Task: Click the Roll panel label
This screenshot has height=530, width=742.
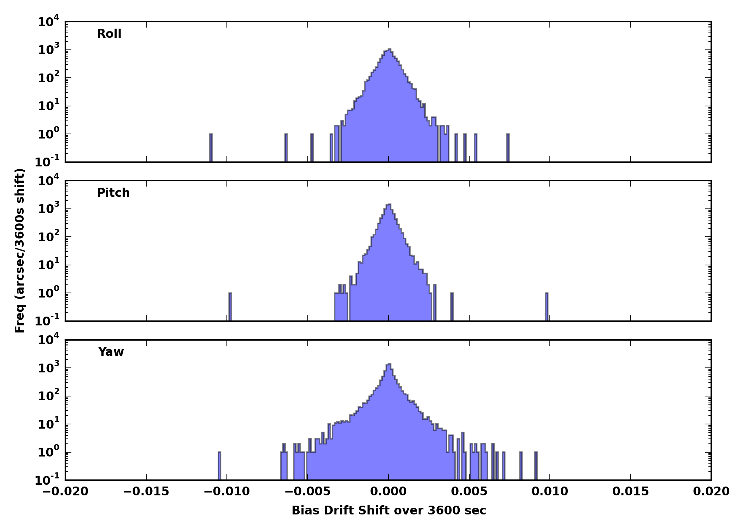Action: point(109,34)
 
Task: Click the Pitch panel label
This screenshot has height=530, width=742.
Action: point(113,193)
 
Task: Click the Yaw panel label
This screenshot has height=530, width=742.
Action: point(111,352)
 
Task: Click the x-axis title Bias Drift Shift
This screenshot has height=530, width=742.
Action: point(389,511)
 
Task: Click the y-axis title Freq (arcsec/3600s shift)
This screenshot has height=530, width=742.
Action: point(20,251)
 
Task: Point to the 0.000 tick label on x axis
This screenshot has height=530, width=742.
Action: point(388,491)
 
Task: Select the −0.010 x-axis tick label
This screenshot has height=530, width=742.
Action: point(226,491)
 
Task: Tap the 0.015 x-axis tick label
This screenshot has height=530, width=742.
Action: point(631,491)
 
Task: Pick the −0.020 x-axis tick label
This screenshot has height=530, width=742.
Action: point(65,491)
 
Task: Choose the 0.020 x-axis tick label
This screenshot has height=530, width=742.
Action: point(711,491)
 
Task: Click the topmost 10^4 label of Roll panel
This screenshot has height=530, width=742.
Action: point(48,22)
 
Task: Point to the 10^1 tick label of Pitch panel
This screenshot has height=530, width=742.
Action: point(48,265)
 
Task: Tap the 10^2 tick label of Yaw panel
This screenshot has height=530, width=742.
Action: point(48,396)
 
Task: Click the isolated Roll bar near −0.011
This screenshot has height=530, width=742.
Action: point(211,148)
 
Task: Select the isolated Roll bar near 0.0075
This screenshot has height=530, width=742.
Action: point(508,148)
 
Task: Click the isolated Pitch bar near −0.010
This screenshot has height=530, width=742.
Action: point(230,307)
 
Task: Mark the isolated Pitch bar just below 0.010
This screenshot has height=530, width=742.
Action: point(547,307)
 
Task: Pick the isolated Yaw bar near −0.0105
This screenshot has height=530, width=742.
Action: point(219,466)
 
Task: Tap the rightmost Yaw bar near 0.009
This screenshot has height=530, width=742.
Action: point(536,466)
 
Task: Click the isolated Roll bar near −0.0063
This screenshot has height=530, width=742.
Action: point(286,148)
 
